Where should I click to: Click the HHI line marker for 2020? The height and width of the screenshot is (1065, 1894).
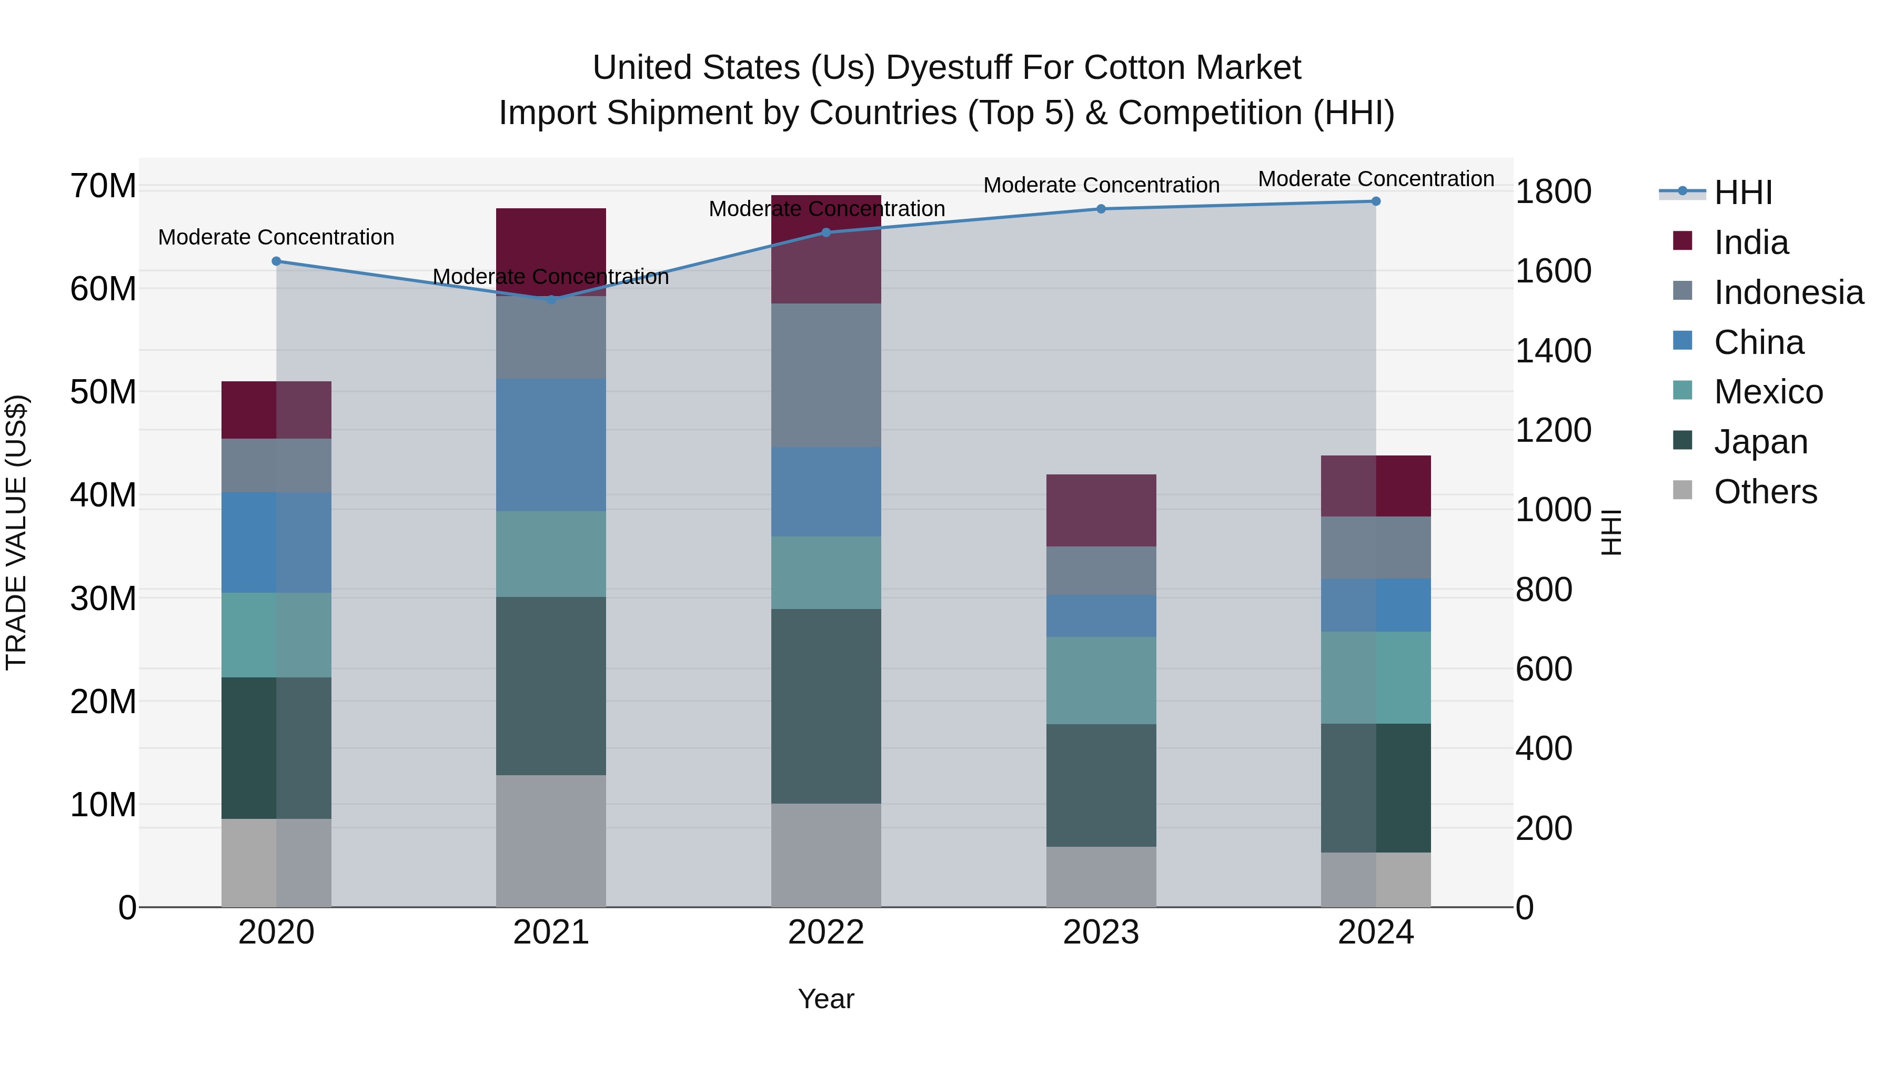pyautogui.click(x=276, y=261)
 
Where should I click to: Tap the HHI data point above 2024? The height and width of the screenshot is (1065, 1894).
pyautogui.click(x=1376, y=201)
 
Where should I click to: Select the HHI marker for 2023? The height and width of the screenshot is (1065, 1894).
pyautogui.click(x=1101, y=209)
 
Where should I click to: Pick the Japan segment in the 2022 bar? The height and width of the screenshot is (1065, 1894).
pyautogui.click(x=825, y=706)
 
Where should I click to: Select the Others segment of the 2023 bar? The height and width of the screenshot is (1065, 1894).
pyautogui.click(x=1101, y=876)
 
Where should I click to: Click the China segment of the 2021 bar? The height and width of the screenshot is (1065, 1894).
pyautogui.click(x=551, y=444)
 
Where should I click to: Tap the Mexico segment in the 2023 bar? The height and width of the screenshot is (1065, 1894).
pyautogui.click(x=1101, y=680)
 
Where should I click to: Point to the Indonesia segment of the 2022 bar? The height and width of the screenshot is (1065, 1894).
pyautogui.click(x=825, y=375)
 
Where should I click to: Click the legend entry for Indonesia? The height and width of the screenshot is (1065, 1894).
pyautogui.click(x=1788, y=292)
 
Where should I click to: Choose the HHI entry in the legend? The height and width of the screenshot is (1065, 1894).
pyautogui.click(x=1742, y=192)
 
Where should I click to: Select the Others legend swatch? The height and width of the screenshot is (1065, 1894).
pyautogui.click(x=1683, y=490)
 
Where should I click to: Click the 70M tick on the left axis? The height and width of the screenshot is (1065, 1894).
pyautogui.click(x=103, y=186)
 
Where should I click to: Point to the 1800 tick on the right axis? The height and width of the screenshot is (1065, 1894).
pyautogui.click(x=1553, y=192)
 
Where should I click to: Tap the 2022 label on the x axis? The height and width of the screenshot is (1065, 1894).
pyautogui.click(x=825, y=932)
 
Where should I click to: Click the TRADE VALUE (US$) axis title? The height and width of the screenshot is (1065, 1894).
pyautogui.click(x=16, y=532)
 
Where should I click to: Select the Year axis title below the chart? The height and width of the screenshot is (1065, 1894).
pyautogui.click(x=825, y=999)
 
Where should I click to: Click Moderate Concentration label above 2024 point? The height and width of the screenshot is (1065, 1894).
pyautogui.click(x=1376, y=179)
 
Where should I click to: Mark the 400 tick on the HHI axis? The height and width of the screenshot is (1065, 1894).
pyautogui.click(x=1544, y=748)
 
